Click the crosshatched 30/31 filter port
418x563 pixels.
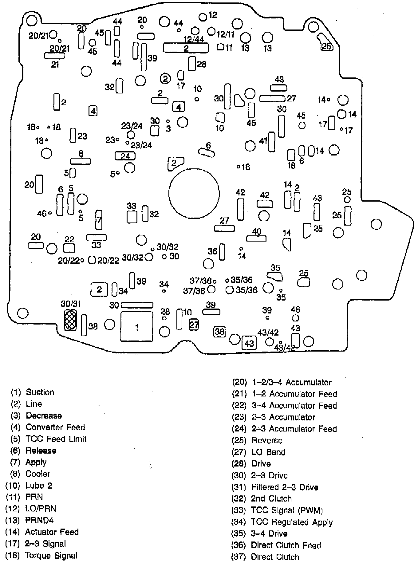70,320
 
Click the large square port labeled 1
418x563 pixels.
137,327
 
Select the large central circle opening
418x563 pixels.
194,193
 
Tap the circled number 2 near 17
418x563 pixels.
165,79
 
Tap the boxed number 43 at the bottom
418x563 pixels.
249,343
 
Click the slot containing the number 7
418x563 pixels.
99,220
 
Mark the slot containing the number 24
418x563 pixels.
125,156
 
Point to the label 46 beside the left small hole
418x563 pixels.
41,213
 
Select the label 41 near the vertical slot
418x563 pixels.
263,141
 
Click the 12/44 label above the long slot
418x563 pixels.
194,39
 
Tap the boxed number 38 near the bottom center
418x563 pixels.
219,331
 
